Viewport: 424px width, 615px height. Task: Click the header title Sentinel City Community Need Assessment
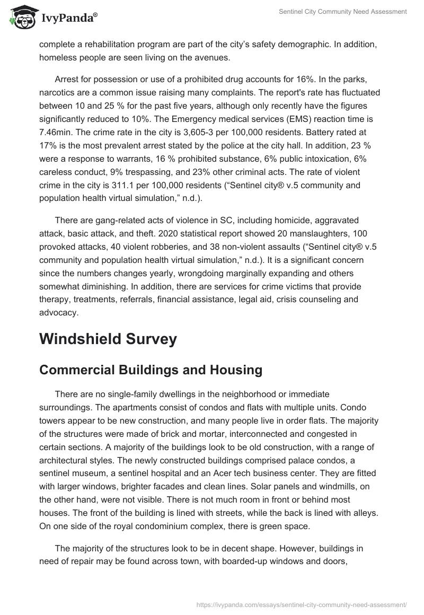click(344, 12)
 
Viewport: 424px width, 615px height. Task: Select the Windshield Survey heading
click(108, 339)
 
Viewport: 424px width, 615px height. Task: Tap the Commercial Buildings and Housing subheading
click(151, 370)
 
